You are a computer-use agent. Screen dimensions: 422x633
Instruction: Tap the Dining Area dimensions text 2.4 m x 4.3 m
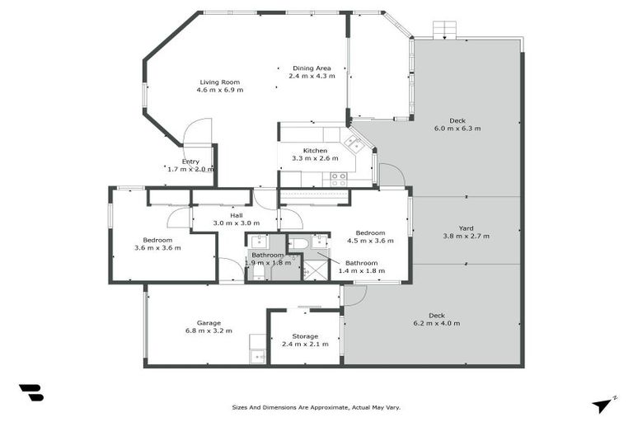(x=312, y=76)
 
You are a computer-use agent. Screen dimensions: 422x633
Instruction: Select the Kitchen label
(x=315, y=151)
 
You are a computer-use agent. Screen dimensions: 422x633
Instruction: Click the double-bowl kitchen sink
(x=354, y=143)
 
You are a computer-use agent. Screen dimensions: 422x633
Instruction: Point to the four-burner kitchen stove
(x=339, y=178)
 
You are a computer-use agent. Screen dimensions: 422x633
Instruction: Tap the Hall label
(x=213, y=215)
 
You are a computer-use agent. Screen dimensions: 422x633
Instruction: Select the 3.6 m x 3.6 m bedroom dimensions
(x=157, y=247)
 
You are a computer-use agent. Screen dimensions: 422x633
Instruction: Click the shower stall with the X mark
(x=315, y=269)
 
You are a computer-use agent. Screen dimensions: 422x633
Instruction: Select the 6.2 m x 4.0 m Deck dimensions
(x=436, y=323)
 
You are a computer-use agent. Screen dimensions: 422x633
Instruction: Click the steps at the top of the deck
(x=445, y=30)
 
